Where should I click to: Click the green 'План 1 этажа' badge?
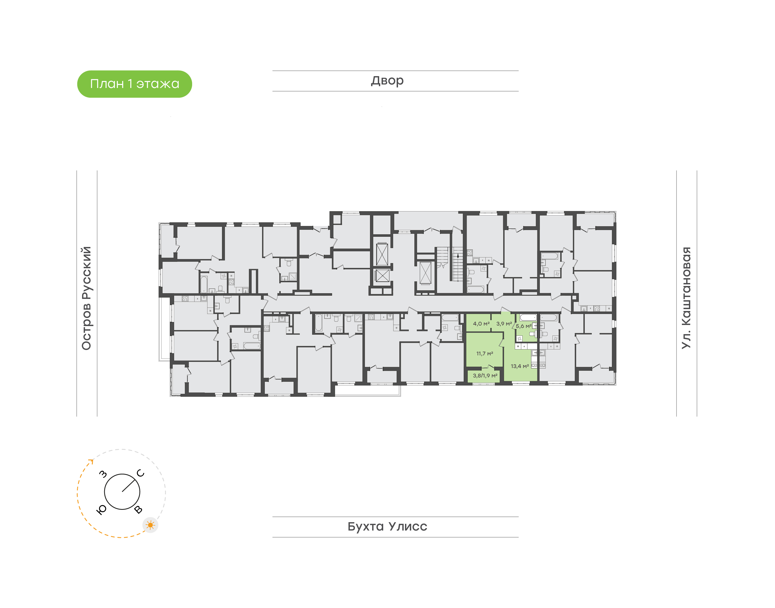coord(135,84)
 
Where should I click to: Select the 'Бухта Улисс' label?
coord(387,526)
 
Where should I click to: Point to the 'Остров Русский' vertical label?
coord(86,298)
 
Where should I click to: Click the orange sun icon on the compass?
coord(151,525)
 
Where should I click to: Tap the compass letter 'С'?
coord(141,473)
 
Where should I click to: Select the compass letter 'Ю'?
coord(101,510)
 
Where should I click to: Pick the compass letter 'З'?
coord(103,474)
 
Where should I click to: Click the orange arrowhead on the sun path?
coord(91,462)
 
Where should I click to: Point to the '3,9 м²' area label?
coord(504,324)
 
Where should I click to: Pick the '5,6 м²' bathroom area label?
coord(524,326)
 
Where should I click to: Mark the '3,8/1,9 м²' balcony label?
coord(485,376)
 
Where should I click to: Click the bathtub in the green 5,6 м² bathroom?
coord(528,317)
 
